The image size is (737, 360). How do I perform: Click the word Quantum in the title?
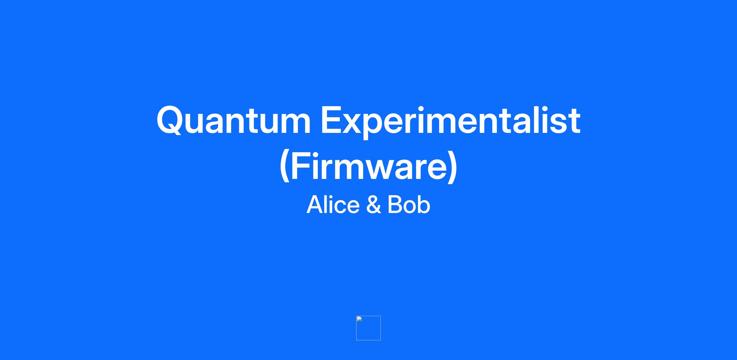point(234,120)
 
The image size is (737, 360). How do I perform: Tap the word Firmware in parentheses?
point(368,168)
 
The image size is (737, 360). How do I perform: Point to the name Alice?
point(333,205)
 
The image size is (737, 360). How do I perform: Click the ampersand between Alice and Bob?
point(374,205)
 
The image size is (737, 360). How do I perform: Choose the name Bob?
point(409,205)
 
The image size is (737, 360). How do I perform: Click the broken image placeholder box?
point(368,328)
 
